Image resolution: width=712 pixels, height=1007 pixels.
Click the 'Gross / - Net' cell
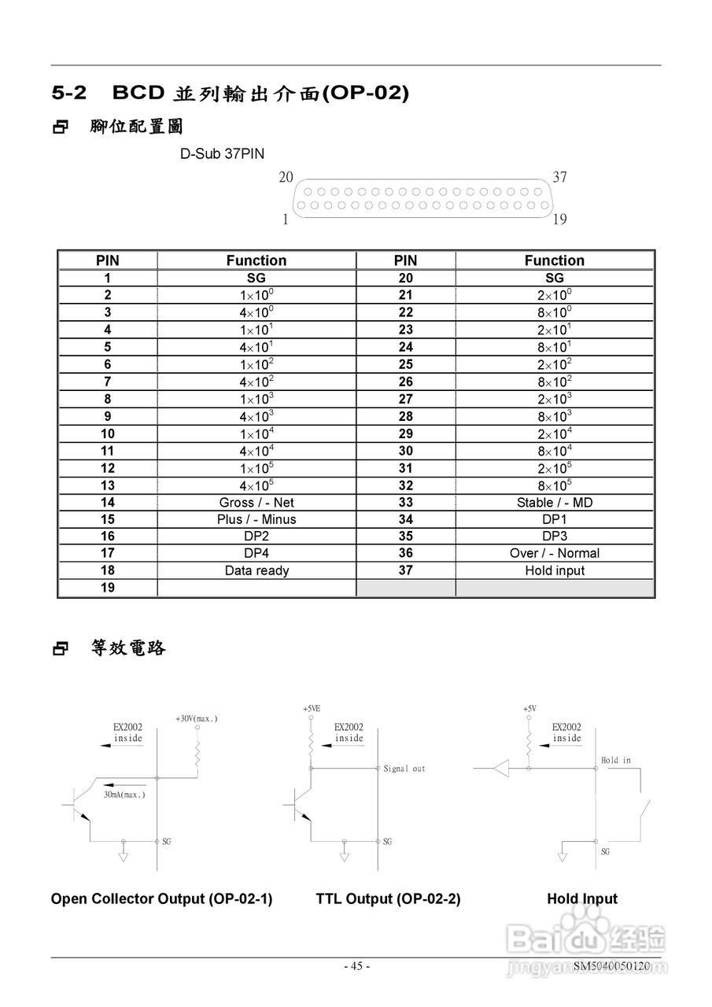tap(256, 502)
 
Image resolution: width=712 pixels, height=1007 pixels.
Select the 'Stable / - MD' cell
tap(554, 502)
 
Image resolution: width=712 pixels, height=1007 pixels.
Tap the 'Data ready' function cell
tap(256, 571)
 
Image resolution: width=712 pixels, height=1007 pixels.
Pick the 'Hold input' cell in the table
tap(554, 571)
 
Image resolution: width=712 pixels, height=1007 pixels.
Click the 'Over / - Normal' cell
tap(554, 554)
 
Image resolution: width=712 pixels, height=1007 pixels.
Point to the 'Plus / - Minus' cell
tap(256, 519)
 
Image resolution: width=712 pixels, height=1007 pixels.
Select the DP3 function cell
tap(554, 537)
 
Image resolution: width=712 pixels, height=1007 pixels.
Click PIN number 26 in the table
tap(405, 382)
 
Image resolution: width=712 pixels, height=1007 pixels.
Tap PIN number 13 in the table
tap(107, 485)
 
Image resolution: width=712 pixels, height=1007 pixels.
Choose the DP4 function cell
tap(256, 554)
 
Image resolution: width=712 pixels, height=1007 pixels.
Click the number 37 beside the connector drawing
tap(559, 177)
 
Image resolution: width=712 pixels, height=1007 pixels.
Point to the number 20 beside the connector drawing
tap(286, 177)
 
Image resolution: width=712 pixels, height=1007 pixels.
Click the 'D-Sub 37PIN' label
tap(222, 154)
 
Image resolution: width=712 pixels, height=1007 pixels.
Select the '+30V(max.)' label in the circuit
tap(197, 718)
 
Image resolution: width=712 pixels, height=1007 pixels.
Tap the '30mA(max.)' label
tap(124, 795)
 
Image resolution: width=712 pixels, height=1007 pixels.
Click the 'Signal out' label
tap(404, 769)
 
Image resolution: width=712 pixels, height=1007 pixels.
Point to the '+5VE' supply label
tap(312, 709)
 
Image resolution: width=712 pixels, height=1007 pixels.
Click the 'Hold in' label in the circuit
tap(615, 761)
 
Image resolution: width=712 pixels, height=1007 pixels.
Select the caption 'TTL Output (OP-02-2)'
tap(388, 899)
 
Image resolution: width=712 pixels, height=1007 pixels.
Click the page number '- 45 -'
tap(356, 966)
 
